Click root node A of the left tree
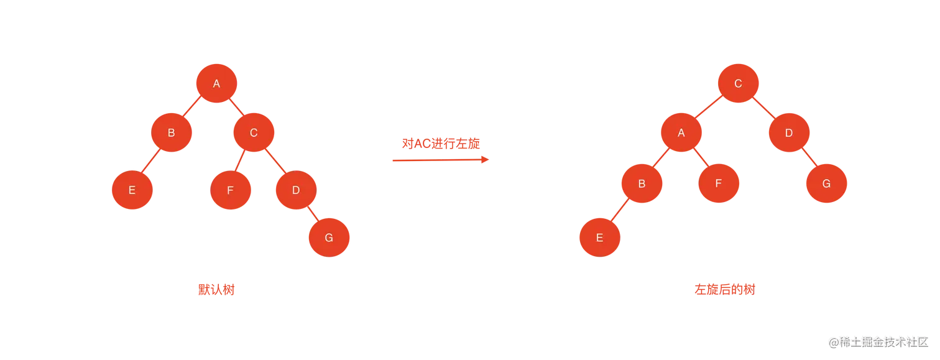[216, 83]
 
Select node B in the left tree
[171, 132]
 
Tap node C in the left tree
[254, 132]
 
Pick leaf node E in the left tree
[132, 190]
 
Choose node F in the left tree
[230, 190]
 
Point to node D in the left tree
[296, 190]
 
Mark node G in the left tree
[329, 237]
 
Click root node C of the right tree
[738, 83]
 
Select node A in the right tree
[681, 132]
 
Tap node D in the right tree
[788, 132]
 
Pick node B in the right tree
[642, 184]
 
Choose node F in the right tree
[719, 184]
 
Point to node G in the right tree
[826, 184]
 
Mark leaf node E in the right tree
[599, 237]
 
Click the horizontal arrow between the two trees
[440, 160]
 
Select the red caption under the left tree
[216, 290]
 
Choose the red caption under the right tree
[726, 290]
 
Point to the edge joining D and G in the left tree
[312, 213]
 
